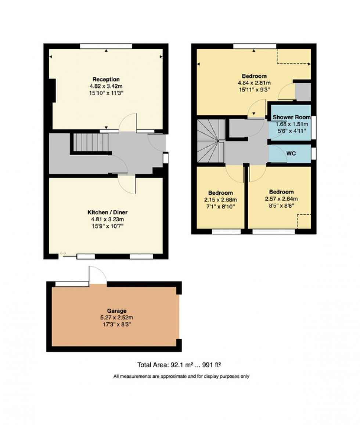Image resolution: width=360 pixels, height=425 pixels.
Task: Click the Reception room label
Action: pos(106,79)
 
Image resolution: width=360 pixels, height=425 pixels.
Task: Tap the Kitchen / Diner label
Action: pos(107,212)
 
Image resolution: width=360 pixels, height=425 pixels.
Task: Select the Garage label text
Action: pos(117,311)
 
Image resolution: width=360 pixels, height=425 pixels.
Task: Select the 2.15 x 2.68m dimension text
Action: pos(220,200)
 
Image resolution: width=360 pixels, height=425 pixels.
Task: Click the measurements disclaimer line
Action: pos(181,376)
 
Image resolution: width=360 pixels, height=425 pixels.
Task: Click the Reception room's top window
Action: pos(106,46)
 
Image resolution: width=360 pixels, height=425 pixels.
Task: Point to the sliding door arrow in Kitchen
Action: pos(63,253)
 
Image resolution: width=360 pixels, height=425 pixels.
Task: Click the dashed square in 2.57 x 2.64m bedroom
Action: pos(304,221)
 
